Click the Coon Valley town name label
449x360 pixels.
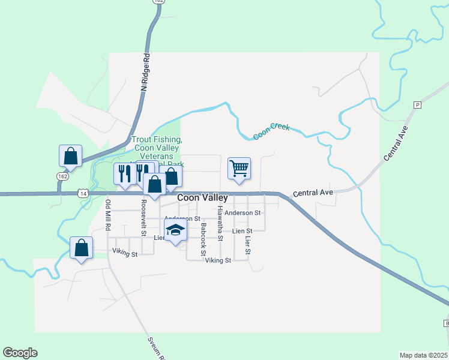click(x=202, y=198)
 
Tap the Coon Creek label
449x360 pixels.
click(x=271, y=131)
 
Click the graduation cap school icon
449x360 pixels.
click(x=175, y=231)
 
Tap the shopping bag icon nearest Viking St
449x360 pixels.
click(x=81, y=247)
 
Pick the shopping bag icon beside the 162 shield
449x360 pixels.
click(x=70, y=156)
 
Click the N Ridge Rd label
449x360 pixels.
click(x=145, y=72)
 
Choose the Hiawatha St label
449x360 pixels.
click(x=220, y=223)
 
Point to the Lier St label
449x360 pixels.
click(x=247, y=245)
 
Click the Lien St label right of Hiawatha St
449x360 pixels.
click(x=242, y=231)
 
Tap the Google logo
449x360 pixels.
click(x=20, y=353)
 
